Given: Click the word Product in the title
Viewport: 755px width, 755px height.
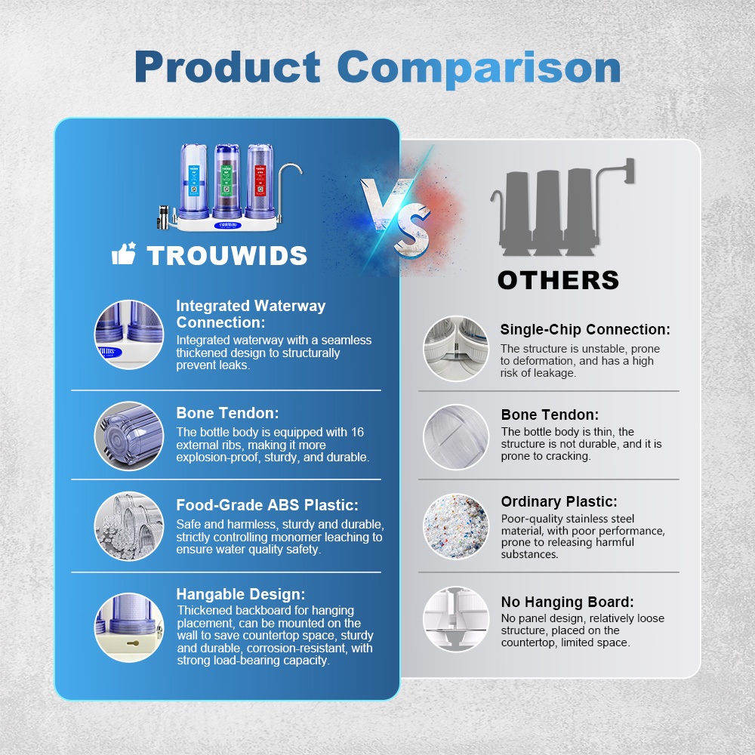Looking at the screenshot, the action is click(227, 67).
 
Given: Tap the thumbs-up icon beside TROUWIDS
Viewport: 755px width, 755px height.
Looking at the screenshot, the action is click(124, 253).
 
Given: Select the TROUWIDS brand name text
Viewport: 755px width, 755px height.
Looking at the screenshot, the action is click(226, 255).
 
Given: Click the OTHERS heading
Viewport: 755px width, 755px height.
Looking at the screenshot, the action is click(558, 280).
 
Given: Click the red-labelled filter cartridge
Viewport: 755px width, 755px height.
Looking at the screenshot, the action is click(260, 181).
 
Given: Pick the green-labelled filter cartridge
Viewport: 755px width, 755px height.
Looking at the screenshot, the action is click(226, 181).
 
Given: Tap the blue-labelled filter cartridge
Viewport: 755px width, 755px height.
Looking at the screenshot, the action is click(193, 181).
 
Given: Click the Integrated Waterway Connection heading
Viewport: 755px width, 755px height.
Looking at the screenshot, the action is click(251, 314).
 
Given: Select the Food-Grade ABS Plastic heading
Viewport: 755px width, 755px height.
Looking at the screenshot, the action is click(267, 505).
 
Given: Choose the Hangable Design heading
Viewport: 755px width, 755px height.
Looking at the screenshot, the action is click(241, 594).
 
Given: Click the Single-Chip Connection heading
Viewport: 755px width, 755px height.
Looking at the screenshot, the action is click(585, 329).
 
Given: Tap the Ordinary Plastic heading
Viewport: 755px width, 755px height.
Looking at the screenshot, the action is click(559, 502).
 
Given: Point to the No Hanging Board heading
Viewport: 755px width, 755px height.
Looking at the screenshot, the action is click(567, 602).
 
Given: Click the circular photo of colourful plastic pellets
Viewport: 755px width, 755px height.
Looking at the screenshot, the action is click(455, 526).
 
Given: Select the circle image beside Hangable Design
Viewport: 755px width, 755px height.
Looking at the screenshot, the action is click(129, 627).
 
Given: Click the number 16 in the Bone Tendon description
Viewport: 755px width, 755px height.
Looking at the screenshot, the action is click(357, 432).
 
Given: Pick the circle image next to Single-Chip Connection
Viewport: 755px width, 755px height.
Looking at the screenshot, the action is click(455, 349).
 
